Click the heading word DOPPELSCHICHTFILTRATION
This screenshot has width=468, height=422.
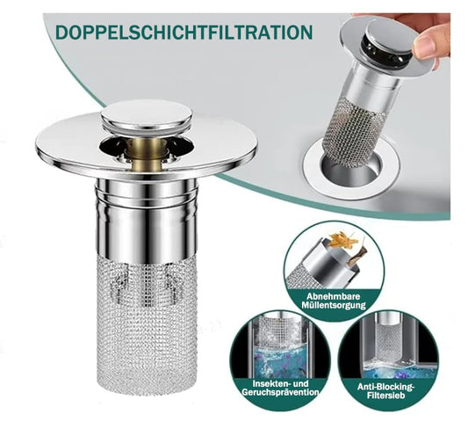pos(184,32)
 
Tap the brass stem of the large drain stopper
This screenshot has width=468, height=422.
pos(146,156)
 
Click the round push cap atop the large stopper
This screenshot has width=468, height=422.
pos(147,115)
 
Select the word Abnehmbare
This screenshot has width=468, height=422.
pos(334,296)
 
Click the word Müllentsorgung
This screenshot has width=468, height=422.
pos(334,305)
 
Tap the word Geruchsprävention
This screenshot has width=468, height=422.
pos(280,392)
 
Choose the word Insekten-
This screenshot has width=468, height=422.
pos(272,383)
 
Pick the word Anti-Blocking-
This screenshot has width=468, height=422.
pos(386,387)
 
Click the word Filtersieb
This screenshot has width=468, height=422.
pos(386,396)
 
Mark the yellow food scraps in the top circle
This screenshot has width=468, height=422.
pos(340,239)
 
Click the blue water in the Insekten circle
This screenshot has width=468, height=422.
pos(280,360)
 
